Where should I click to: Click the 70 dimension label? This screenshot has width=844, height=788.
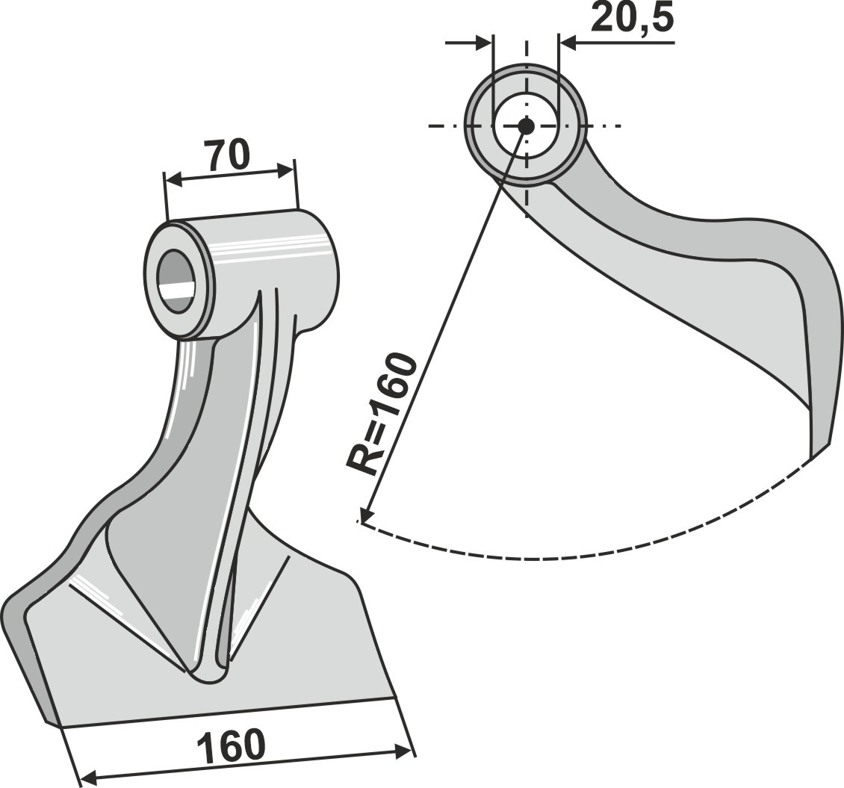(226, 155)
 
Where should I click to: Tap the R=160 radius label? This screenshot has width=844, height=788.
(382, 415)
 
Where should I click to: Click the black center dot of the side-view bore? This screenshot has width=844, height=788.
(526, 126)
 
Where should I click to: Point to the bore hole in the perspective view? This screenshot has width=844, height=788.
(177, 280)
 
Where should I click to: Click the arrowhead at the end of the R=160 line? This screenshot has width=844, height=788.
(367, 513)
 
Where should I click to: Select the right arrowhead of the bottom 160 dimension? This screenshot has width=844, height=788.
(403, 751)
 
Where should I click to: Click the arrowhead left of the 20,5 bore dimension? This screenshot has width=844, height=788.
(484, 43)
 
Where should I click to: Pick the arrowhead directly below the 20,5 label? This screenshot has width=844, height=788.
(568, 43)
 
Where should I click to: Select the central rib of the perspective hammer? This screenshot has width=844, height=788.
(237, 485)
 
